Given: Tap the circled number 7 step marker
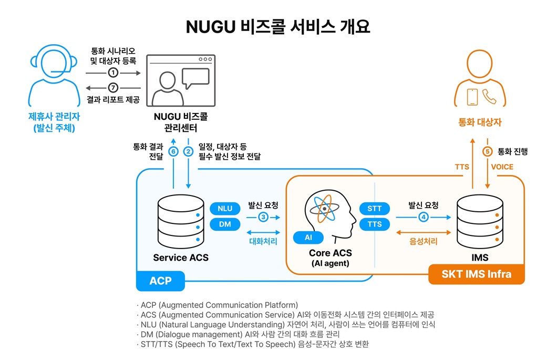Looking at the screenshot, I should [x=113, y=88].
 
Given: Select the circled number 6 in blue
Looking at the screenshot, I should [x=173, y=151].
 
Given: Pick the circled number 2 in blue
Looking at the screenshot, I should [x=188, y=151].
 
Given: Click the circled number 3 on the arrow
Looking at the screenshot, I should [x=263, y=217].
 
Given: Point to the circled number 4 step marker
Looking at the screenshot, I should [x=423, y=217].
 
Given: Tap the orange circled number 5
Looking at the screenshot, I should [x=488, y=151].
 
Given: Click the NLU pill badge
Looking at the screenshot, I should [x=224, y=209].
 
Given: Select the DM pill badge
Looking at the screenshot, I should [x=224, y=224].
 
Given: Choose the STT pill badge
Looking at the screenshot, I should [x=375, y=209].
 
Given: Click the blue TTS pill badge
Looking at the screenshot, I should [x=375, y=224].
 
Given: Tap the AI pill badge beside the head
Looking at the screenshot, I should [x=307, y=238].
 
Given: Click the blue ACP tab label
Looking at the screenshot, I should [x=160, y=281].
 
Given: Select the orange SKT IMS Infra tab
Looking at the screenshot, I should [x=476, y=274].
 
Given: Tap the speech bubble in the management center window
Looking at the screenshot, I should [x=195, y=79].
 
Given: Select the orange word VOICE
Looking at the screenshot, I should [x=502, y=167].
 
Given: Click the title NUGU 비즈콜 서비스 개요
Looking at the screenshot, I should [x=278, y=27].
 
